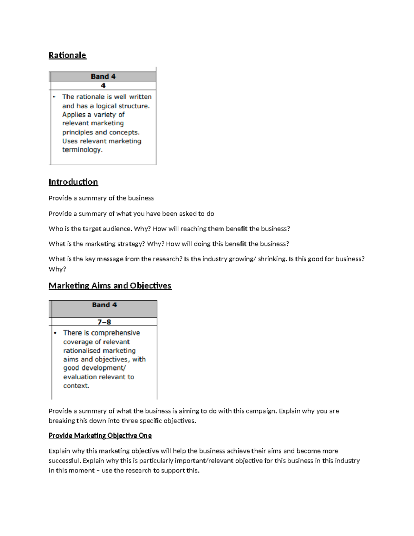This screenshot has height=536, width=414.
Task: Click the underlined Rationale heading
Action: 67,55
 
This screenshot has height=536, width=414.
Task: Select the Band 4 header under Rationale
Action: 103,77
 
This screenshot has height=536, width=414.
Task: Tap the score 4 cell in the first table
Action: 103,86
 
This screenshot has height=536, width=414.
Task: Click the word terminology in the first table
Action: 82,150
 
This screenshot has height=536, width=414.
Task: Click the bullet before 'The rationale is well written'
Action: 54,97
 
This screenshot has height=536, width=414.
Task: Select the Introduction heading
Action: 73,182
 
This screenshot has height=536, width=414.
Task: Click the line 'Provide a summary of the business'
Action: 101,198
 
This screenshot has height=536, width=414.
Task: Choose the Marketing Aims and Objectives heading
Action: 110,286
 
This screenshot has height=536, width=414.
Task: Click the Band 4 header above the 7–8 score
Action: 104,305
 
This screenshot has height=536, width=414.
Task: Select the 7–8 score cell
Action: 104,322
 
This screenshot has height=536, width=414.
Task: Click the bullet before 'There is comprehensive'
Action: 55,333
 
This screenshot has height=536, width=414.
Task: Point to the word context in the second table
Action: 76,386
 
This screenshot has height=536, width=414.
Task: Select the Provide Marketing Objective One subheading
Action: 100,436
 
